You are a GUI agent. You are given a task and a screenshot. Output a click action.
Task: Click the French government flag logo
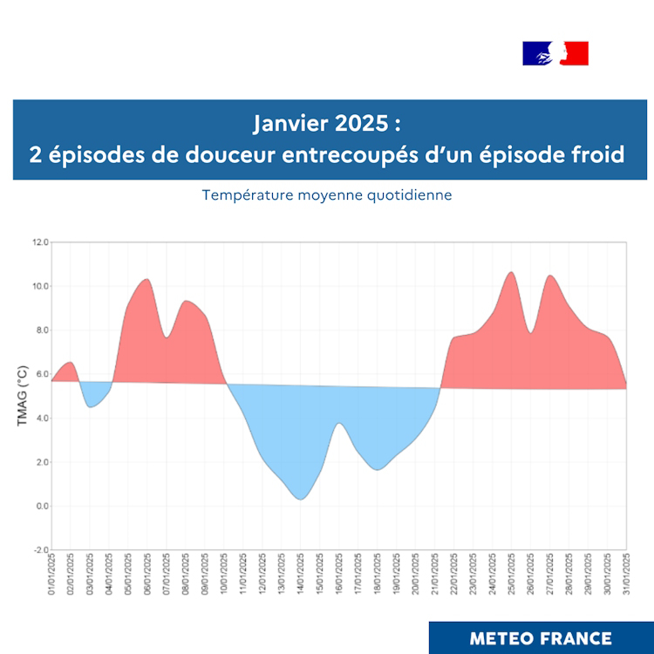(x=555, y=53)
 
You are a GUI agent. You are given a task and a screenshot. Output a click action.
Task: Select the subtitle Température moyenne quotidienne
(x=327, y=194)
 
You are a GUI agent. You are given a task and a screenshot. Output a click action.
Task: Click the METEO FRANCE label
(x=541, y=637)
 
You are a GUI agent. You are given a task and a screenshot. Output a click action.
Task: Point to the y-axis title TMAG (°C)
(x=23, y=396)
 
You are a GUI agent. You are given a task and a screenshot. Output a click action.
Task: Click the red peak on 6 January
(x=146, y=284)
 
